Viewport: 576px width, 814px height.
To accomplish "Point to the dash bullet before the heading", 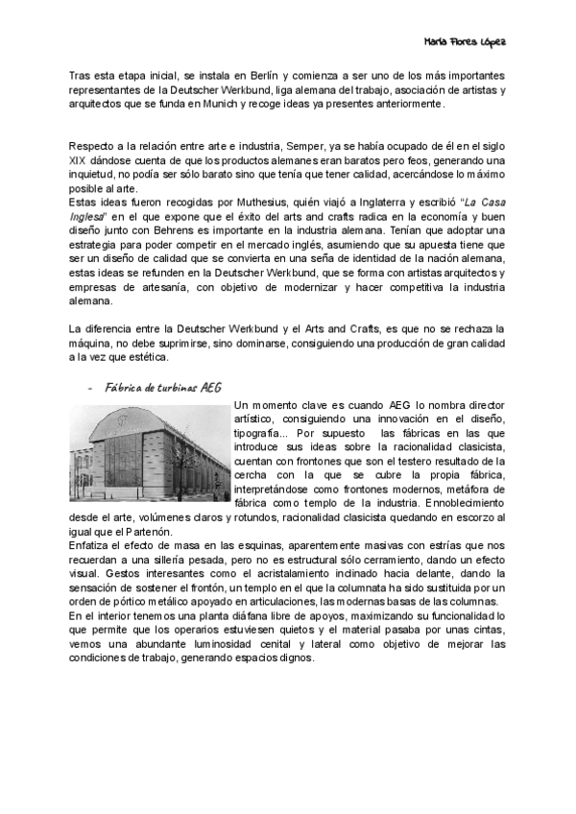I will tap(88, 388).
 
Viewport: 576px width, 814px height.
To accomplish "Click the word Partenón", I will tap(145, 531).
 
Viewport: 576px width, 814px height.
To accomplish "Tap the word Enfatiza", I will tap(91, 544).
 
